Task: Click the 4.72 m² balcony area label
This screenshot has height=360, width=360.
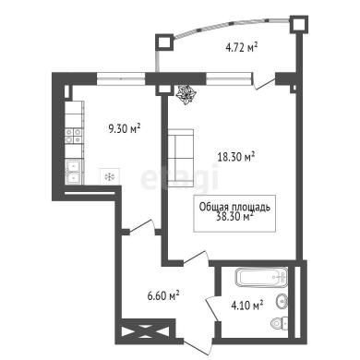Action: point(242,48)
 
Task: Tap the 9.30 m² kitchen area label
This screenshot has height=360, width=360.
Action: point(125,128)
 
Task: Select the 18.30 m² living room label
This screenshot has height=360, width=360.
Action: point(236,157)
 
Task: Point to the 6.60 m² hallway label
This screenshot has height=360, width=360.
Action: point(163,296)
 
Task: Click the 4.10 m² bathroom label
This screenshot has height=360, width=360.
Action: point(247,306)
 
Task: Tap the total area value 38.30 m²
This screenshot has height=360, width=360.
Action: point(235,217)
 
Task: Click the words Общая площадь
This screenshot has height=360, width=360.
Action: point(234,207)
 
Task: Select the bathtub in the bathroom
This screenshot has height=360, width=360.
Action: point(261,277)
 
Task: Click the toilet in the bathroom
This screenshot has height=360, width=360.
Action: point(280,323)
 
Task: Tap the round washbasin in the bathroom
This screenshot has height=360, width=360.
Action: point(282,301)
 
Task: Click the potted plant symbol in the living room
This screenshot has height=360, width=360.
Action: point(186,95)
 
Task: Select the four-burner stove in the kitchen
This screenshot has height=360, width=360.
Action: point(74,136)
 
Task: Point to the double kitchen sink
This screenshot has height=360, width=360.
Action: point(74,172)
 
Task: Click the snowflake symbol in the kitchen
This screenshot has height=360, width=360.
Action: point(109,176)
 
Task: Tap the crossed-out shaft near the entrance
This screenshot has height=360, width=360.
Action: point(145,331)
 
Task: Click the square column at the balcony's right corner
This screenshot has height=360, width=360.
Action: point(298,24)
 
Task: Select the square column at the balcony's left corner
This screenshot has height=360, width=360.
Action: point(164,42)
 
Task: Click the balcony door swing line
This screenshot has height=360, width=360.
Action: point(265,84)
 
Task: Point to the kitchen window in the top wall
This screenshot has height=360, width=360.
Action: point(121,78)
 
